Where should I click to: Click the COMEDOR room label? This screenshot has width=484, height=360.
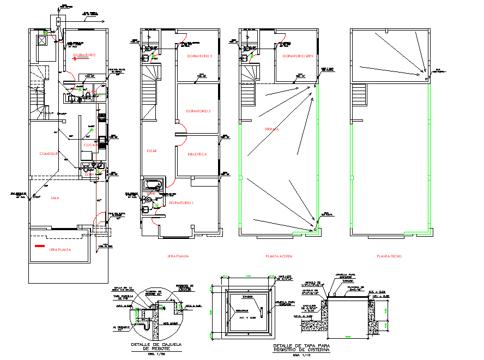pyautogui.click(x=49, y=154)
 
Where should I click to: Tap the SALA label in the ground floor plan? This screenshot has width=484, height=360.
pyautogui.click(x=55, y=199)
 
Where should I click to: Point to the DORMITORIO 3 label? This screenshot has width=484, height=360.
pyautogui.click(x=199, y=57)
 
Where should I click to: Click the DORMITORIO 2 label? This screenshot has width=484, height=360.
pyautogui.click(x=198, y=111)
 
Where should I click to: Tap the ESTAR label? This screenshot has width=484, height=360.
pyautogui.click(x=152, y=151)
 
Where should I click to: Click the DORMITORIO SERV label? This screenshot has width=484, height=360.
pyautogui.click(x=297, y=57)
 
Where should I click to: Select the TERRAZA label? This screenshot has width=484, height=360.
pyautogui.click(x=272, y=129)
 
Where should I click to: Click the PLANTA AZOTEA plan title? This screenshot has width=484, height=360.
pyautogui.click(x=279, y=256)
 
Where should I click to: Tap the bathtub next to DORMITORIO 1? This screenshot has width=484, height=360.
pyautogui.click(x=153, y=184)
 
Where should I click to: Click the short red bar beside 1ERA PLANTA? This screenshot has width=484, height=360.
pyautogui.click(x=40, y=247)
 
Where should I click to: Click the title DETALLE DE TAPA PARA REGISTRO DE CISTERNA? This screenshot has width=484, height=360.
pyautogui.click(x=297, y=349)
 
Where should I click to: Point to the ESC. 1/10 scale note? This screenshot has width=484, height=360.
pyautogui.click(x=300, y=356)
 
